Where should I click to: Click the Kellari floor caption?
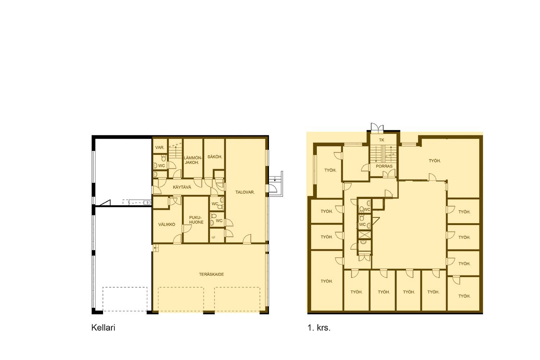coord(103,328)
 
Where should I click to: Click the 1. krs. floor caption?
coord(319,328)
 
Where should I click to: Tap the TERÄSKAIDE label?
coord(211,274)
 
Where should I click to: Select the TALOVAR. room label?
coord(245,192)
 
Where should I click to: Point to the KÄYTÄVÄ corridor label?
coord(182,187)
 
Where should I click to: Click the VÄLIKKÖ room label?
coord(167,225)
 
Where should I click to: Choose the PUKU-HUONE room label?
coord(196,220)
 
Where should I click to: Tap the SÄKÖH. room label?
coord(215,157)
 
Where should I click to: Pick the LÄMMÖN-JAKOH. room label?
coord(193,160)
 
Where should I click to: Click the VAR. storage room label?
coord(160,148)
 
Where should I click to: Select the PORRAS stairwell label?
coord(384,166)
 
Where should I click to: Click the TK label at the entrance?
coord(382,140)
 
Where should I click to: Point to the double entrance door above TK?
coord(377,127)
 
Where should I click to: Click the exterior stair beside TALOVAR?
coord(276,184)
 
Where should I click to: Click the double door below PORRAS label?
coord(389,174)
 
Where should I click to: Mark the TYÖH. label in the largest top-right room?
coord(435,161)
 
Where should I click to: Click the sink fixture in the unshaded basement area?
coord(147,203)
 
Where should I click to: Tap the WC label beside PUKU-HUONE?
coord(219,221)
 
